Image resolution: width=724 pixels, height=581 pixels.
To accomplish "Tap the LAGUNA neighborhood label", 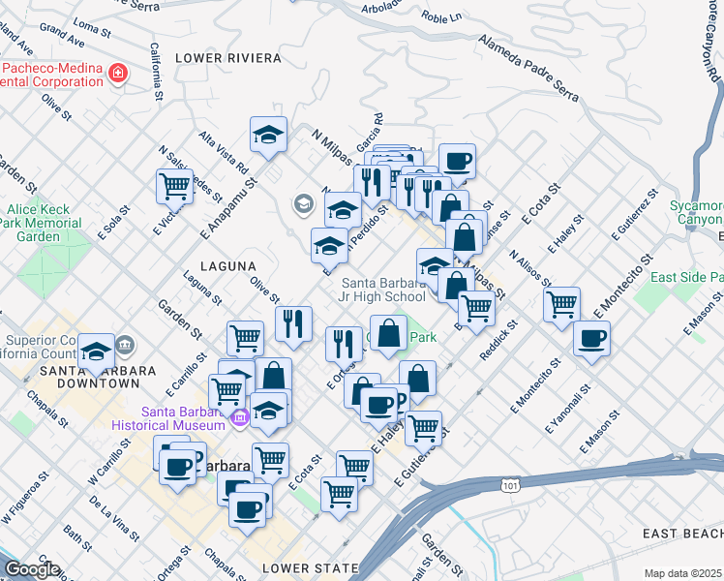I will tap(228, 265).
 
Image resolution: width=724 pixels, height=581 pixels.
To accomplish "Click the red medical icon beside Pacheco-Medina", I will tap(118, 74).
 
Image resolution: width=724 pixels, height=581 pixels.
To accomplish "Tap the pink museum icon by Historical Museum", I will tap(240, 416).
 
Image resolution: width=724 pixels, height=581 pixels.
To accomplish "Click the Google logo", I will tap(32, 569).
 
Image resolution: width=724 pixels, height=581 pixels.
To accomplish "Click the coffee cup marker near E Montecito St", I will tap(591, 339).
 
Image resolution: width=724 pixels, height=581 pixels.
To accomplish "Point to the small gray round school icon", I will tap(303, 203).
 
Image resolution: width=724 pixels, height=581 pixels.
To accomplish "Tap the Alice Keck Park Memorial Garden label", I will tap(45, 222).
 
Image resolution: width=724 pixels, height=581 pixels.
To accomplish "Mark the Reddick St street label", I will tap(500, 344).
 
